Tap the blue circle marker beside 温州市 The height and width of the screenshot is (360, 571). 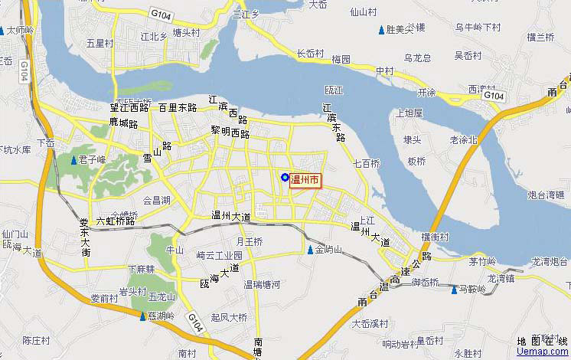point(285,178)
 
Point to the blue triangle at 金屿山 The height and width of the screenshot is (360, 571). point(310,250)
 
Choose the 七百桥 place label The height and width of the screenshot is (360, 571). point(367,163)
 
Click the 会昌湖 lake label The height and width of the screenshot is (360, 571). point(157,201)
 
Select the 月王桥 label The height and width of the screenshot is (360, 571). point(249,242)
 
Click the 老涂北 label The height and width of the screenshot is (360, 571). point(464,139)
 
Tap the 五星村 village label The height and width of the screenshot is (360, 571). point(100,44)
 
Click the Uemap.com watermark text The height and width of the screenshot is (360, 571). point(543,352)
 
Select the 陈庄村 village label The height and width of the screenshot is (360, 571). point(36,340)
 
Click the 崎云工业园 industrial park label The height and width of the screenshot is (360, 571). point(219,255)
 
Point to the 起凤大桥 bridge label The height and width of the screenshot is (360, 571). point(229,317)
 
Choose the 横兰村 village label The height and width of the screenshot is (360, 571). point(540,37)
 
